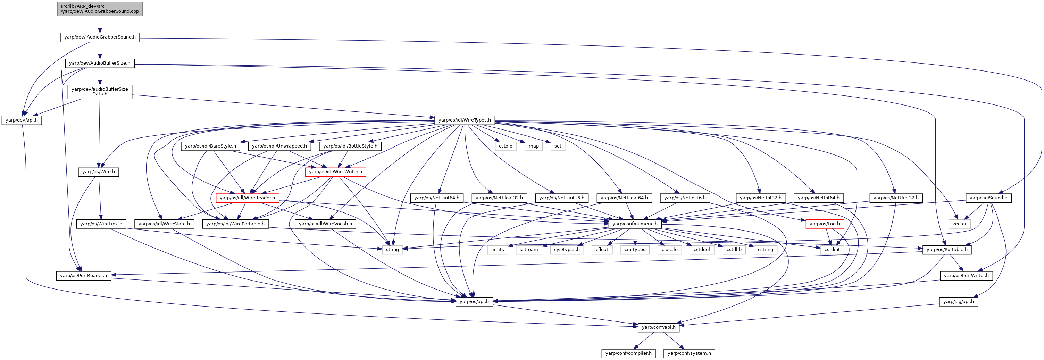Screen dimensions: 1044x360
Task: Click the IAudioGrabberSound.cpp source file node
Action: pos(100,9)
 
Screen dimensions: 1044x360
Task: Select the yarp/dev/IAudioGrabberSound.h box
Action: pos(100,37)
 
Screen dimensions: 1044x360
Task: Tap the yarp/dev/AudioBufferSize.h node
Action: pos(100,63)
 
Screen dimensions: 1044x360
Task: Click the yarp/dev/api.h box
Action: pos(22,120)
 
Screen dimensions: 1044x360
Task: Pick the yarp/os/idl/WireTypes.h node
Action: pos(465,120)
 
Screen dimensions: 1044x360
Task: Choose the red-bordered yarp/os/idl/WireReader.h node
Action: pos(247,198)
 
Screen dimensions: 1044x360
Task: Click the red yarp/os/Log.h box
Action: pos(825,224)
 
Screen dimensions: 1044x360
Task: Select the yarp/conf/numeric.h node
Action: pos(635,224)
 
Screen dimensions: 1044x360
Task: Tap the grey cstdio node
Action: pos(506,146)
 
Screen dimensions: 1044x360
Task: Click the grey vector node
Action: pos(959,224)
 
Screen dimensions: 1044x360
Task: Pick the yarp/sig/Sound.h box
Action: pos(988,198)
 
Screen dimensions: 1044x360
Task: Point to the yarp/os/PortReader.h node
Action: pos(83,276)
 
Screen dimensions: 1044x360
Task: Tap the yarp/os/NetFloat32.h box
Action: pos(499,198)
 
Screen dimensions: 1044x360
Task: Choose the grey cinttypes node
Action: pos(635,250)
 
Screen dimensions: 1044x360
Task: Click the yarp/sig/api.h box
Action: pos(959,302)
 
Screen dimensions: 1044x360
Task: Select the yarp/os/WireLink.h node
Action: pos(101,224)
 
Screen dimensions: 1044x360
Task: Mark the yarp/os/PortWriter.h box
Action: pos(966,276)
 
